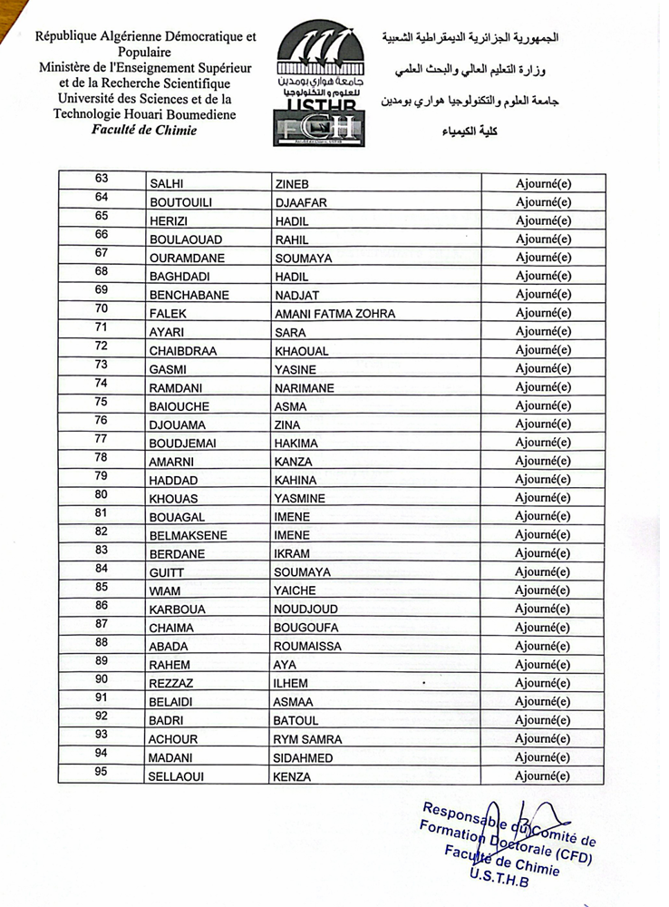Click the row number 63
[x=101, y=181]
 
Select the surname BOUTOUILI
[x=180, y=202]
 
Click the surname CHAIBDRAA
[x=183, y=351]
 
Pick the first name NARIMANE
[x=304, y=388]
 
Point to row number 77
[x=101, y=440]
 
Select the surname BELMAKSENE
[x=189, y=536]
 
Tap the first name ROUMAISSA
[x=307, y=647]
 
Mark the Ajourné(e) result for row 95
[x=543, y=776]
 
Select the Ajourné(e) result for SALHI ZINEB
[x=543, y=184]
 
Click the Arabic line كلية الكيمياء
[x=474, y=133]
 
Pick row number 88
[x=101, y=643]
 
